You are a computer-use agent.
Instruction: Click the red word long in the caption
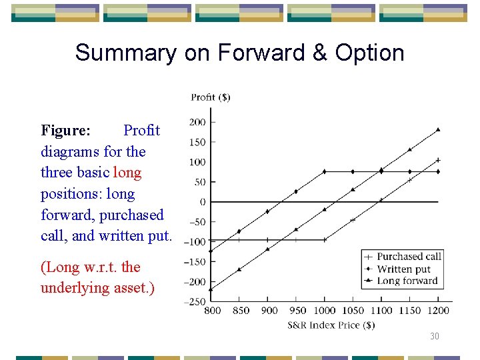click(127, 173)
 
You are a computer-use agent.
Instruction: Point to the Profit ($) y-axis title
click(210, 97)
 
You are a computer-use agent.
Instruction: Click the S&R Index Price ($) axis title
click(331, 325)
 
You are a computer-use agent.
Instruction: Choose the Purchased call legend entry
click(409, 257)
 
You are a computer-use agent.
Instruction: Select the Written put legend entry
click(403, 269)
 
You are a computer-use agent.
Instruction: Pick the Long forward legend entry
click(407, 281)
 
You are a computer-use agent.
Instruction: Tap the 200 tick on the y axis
click(197, 122)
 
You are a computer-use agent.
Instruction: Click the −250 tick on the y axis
click(195, 302)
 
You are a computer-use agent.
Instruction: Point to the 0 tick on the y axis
click(203, 202)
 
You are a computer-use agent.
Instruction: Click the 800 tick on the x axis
click(213, 311)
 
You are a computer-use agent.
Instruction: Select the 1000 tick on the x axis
click(325, 311)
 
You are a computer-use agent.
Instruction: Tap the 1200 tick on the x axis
click(438, 311)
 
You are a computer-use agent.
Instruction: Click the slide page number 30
click(435, 337)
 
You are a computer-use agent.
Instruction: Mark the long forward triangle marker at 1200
click(438, 129)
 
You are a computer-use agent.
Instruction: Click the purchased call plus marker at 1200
click(438, 160)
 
